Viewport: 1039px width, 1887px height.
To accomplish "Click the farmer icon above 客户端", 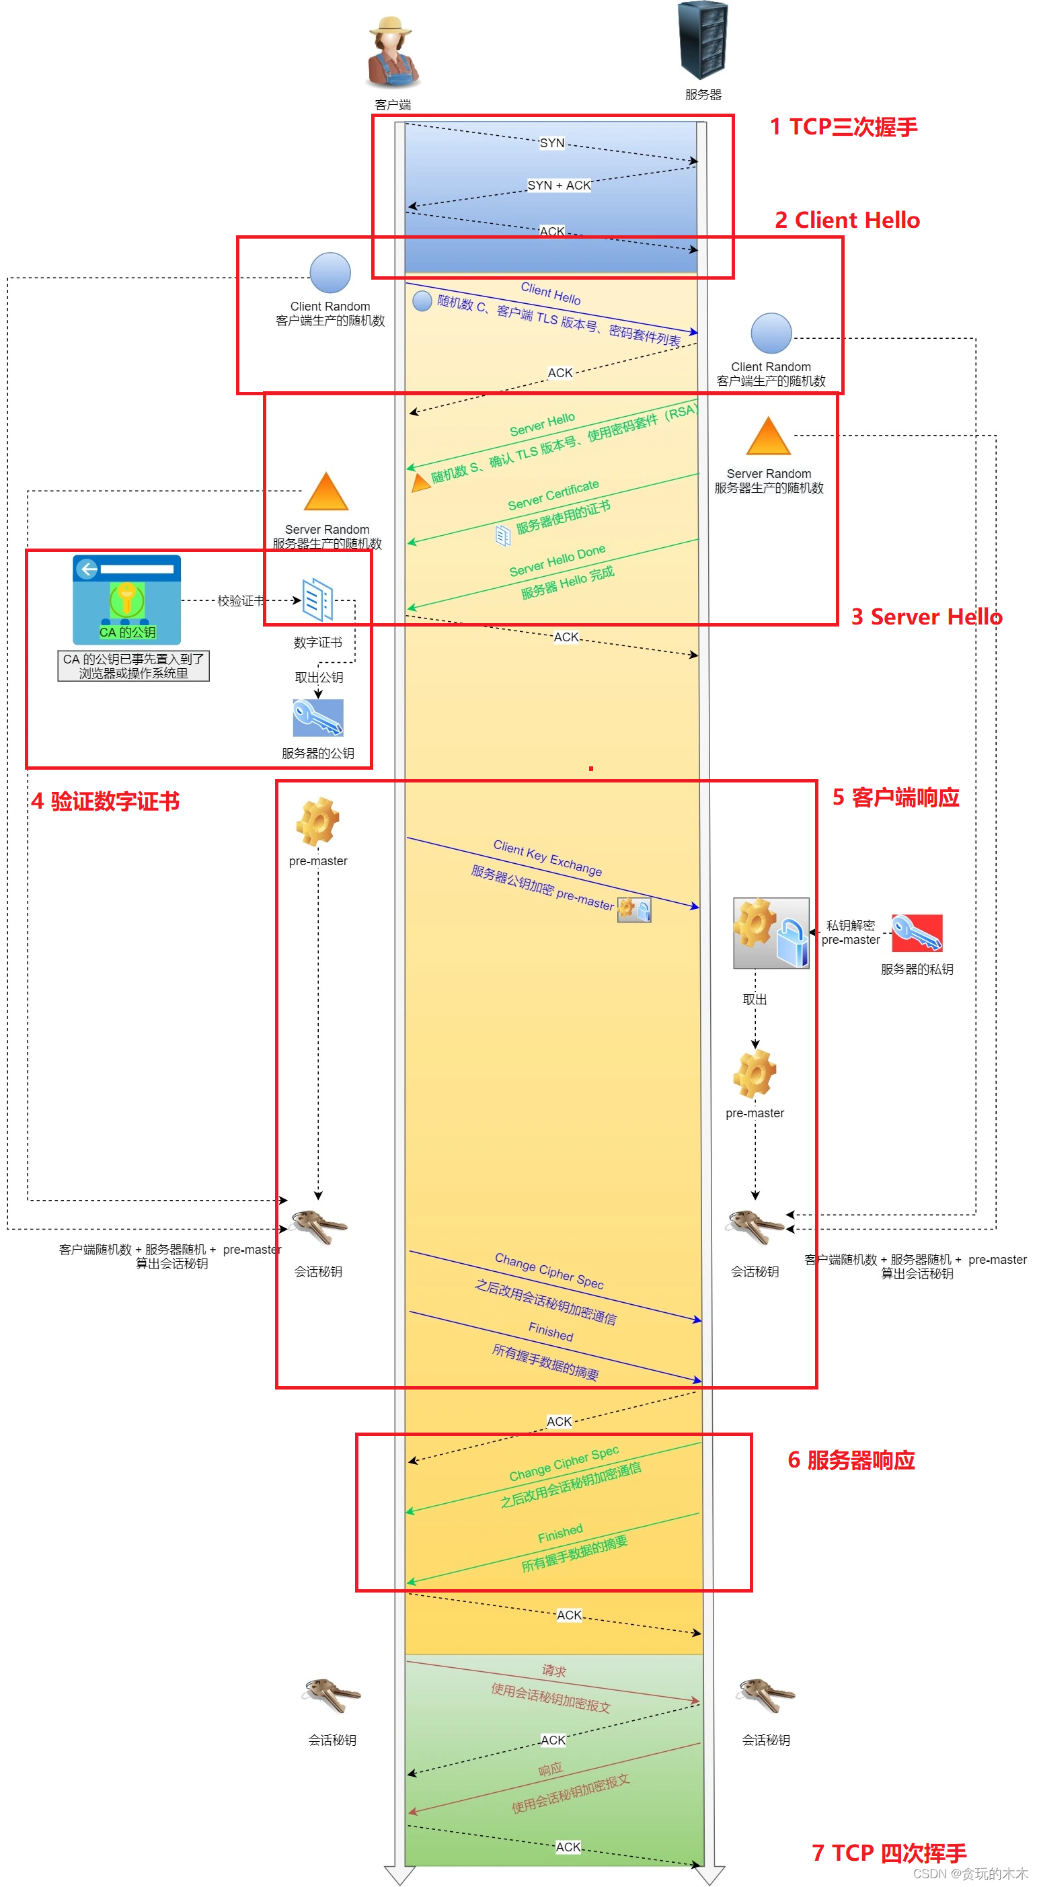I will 393,52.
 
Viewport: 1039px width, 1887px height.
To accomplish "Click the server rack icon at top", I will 703,40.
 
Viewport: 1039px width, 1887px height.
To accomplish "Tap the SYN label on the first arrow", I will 551,143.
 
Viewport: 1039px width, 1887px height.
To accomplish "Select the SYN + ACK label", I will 558,186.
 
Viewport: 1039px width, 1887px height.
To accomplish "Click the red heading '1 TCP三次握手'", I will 843,128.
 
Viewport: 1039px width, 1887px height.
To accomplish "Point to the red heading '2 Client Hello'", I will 847,220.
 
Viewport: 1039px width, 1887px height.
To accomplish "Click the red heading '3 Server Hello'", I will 926,617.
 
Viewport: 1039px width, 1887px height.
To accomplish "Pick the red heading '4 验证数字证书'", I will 105,801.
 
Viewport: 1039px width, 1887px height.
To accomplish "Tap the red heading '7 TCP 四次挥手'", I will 889,1853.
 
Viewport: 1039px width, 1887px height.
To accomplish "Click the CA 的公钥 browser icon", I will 126,599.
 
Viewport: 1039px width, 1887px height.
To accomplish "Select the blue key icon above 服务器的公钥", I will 318,717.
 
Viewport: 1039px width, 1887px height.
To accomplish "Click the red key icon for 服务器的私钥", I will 917,932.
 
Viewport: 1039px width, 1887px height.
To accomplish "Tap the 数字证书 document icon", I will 318,600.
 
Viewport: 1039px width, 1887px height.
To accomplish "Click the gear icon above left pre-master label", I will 318,822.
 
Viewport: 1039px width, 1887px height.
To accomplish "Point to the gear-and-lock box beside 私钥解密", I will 771,933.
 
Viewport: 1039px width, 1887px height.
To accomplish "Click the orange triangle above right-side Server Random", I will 768,436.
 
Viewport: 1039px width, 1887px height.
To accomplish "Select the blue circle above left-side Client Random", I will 330,273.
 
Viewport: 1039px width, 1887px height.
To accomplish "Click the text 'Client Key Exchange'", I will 547,858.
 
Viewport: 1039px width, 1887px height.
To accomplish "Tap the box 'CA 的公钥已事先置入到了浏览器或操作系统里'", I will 133,666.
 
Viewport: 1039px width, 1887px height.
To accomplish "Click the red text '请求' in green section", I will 554,1671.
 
